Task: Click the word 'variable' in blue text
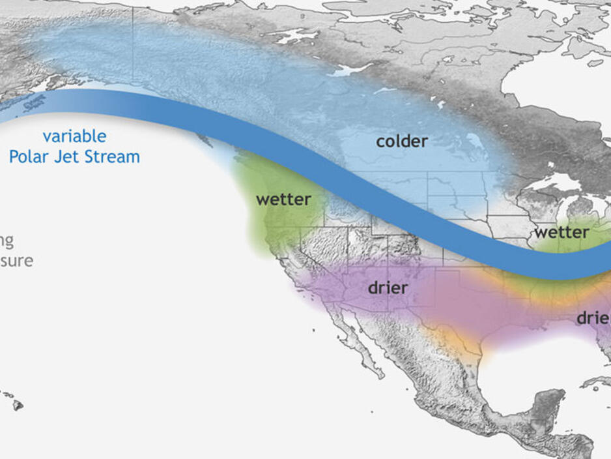click(x=74, y=136)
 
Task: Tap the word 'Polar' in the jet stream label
click(x=31, y=157)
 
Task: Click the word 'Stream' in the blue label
click(x=113, y=157)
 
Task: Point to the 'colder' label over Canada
click(x=402, y=141)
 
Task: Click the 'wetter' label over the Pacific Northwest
click(x=283, y=200)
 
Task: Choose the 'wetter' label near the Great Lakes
click(x=561, y=232)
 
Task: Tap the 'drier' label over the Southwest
click(x=388, y=288)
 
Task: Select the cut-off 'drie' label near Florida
click(x=593, y=318)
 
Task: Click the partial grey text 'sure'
click(x=16, y=261)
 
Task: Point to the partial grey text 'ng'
click(x=7, y=241)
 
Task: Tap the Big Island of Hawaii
click(x=18, y=405)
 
